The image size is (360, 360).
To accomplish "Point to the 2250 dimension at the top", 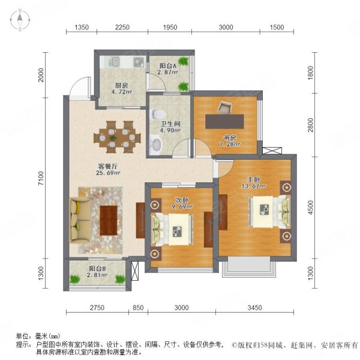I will tap(122, 28).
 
